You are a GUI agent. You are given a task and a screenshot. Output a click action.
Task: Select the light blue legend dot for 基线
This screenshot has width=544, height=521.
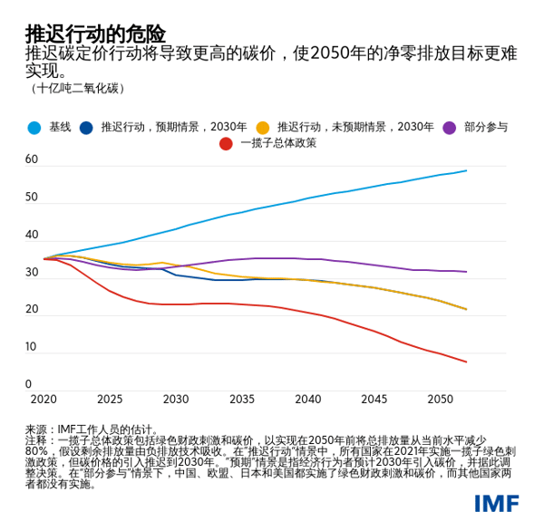34,128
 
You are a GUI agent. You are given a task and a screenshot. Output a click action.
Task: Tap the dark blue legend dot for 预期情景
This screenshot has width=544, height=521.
86,128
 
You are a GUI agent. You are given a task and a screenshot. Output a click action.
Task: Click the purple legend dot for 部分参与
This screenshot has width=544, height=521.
449,128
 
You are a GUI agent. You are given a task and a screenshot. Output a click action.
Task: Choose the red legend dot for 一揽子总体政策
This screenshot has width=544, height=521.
226,143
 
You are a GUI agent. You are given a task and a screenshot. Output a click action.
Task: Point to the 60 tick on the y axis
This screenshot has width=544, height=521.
32,159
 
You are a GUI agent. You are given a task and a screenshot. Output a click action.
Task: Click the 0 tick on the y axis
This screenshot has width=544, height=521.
28,384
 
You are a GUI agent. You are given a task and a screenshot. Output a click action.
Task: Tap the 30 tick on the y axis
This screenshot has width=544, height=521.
32,272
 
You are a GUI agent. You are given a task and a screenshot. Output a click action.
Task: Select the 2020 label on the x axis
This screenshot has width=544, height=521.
43,400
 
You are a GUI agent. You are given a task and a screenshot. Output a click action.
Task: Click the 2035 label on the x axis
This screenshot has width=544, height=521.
242,400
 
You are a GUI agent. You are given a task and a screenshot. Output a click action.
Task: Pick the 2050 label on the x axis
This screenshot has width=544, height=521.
441,400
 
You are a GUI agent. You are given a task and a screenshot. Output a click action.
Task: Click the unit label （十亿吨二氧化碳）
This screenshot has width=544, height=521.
77,89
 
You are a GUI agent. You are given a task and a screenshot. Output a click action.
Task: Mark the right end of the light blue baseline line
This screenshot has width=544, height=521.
467,170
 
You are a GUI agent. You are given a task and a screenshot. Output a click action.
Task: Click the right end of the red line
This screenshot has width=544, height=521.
467,362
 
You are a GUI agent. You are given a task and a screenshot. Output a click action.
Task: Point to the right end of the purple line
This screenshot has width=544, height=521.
467,272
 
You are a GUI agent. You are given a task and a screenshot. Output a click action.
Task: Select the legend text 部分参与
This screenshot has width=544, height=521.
486,128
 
